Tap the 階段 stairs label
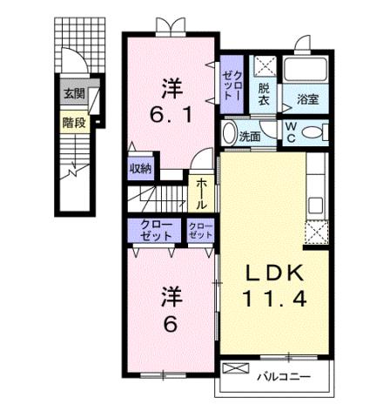click(x=72, y=123)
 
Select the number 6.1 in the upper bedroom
click(x=170, y=114)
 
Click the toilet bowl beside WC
click(x=315, y=132)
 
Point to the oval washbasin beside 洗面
click(x=229, y=134)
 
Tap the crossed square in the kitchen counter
click(x=314, y=231)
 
